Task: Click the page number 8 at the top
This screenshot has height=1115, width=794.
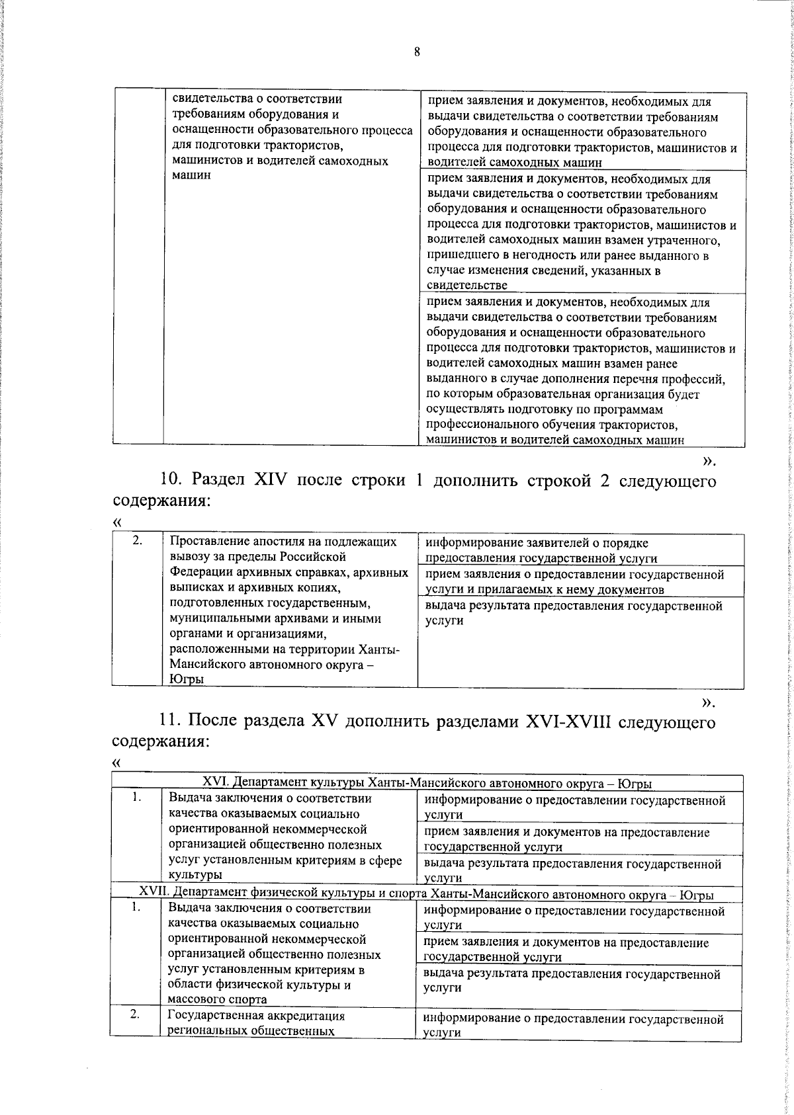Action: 417,52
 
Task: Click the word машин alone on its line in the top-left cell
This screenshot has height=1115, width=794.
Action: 191,175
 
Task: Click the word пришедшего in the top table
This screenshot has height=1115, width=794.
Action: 461,255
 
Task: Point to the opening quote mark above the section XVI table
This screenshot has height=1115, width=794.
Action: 117,761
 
